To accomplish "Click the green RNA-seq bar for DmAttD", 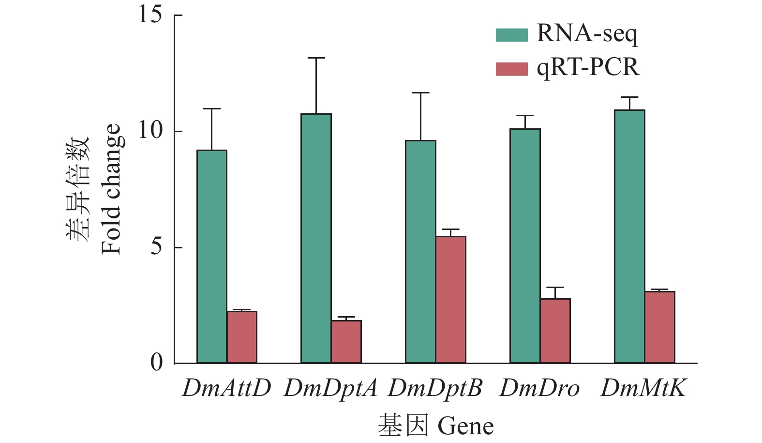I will pos(212,257).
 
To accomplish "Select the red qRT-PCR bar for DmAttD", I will pos(242,337).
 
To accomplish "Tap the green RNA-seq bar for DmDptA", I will pos(316,238).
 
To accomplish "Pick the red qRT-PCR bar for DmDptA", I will pos(346,342).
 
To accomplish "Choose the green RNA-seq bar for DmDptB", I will pos(421,252).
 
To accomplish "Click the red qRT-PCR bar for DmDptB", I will pos(451,300).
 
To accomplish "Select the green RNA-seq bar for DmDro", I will pos(525,246).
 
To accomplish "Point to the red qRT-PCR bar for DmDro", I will pos(555,331).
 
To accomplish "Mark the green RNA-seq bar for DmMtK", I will pos(630,236).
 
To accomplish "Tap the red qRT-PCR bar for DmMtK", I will pos(660,327).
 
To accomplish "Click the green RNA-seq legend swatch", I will pos(511,35).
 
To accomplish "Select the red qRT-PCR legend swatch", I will pos(511,69).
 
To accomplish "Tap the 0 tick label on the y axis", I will pos(157,362).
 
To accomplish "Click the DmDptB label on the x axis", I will pos(435,388).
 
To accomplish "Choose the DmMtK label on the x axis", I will pos(643,388).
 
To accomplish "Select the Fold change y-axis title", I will pos(111,189).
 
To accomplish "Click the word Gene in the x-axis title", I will pos(465,427).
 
